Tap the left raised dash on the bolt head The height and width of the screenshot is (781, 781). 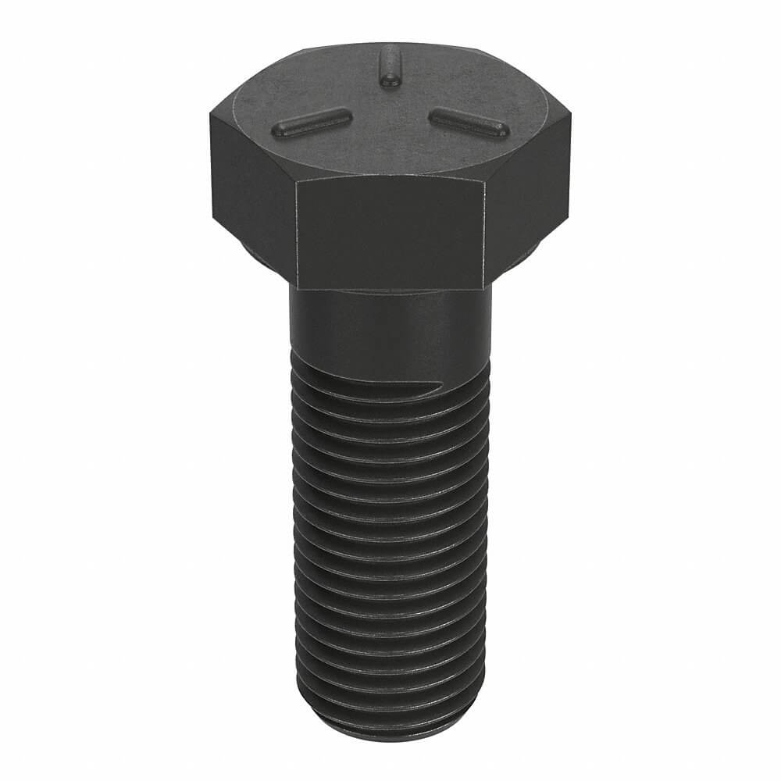(x=311, y=123)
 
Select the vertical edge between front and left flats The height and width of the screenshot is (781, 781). (x=296, y=234)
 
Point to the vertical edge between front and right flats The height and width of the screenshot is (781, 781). (x=487, y=234)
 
